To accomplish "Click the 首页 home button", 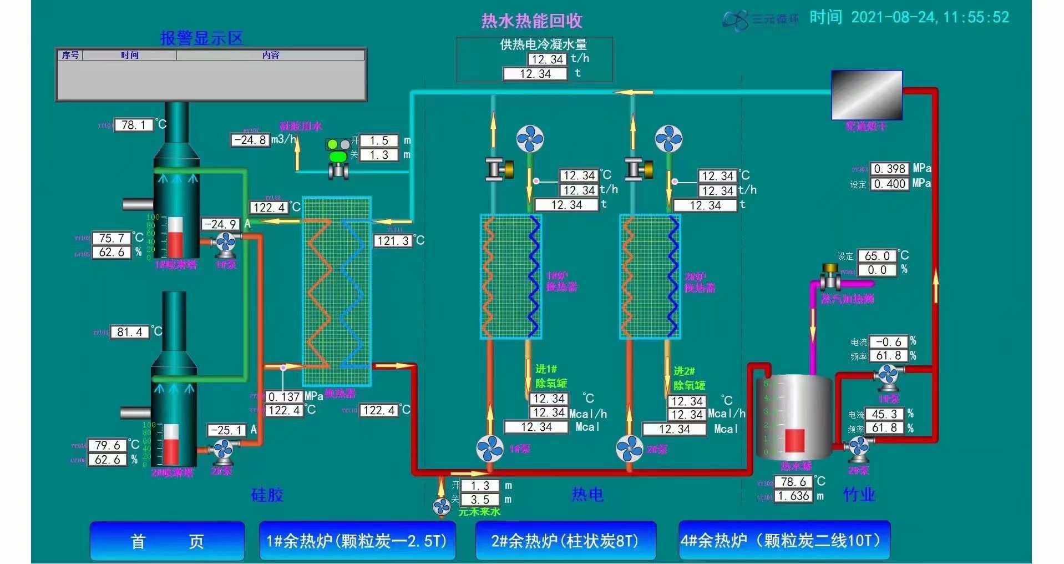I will pyautogui.click(x=167, y=541).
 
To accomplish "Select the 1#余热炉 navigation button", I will pyautogui.click(x=357, y=541).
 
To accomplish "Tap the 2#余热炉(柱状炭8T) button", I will pyautogui.click(x=565, y=541).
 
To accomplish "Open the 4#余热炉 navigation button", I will pyautogui.click(x=784, y=541).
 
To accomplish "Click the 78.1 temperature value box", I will pyautogui.click(x=133, y=125).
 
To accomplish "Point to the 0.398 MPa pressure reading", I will pyautogui.click(x=889, y=169).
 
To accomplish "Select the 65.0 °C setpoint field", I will pyautogui.click(x=876, y=256).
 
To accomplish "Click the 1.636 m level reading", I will pyautogui.click(x=793, y=496).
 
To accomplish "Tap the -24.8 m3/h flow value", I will pyautogui.click(x=250, y=140).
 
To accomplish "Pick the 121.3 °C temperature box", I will pyautogui.click(x=393, y=241).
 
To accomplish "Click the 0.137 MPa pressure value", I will pyautogui.click(x=284, y=397).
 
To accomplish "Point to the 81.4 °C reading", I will pyautogui.click(x=129, y=332).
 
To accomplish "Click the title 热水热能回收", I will pyautogui.click(x=531, y=21).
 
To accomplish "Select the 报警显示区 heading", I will pyautogui.click(x=202, y=38).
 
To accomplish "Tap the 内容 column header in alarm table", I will pyautogui.click(x=271, y=55).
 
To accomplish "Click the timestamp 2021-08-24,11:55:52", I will pyautogui.click(x=930, y=17).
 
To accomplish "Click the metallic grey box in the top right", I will pyautogui.click(x=867, y=95).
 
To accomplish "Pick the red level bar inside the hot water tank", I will pyautogui.click(x=794, y=441).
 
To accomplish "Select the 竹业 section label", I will pyautogui.click(x=859, y=494).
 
